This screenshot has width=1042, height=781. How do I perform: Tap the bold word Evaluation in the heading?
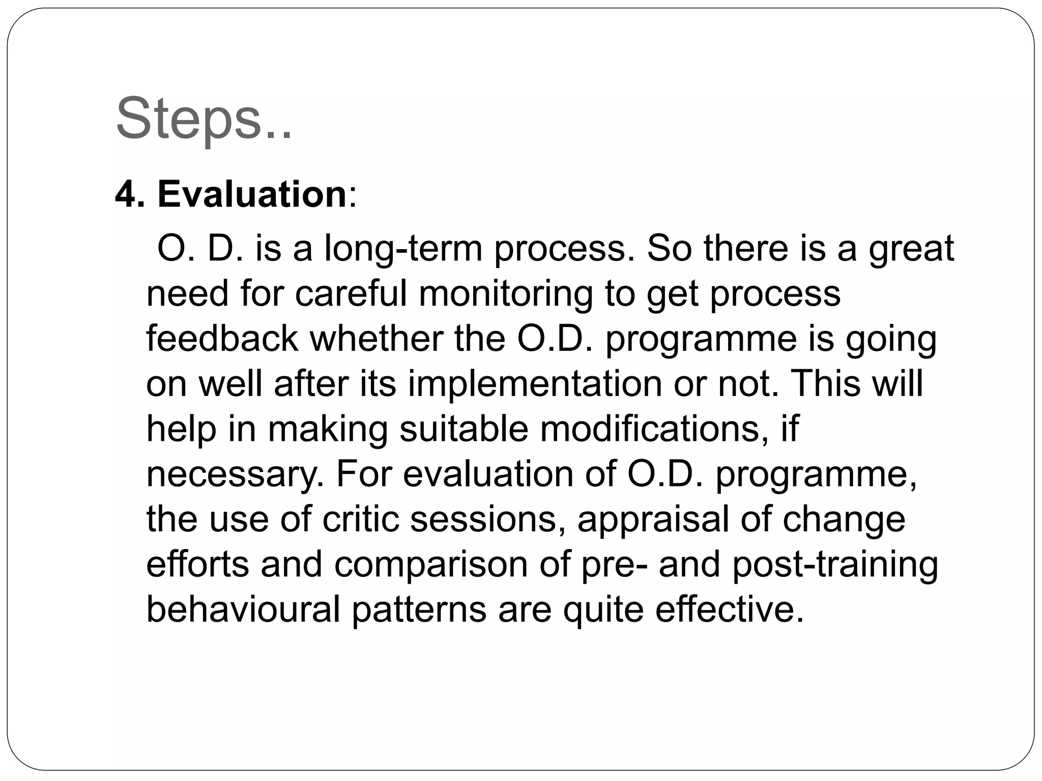(x=252, y=194)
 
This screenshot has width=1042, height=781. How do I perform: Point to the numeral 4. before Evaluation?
(x=130, y=194)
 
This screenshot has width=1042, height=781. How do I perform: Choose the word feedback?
(x=222, y=339)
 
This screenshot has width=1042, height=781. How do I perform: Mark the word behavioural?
(x=243, y=609)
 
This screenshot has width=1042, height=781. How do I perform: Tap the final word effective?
(x=729, y=609)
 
